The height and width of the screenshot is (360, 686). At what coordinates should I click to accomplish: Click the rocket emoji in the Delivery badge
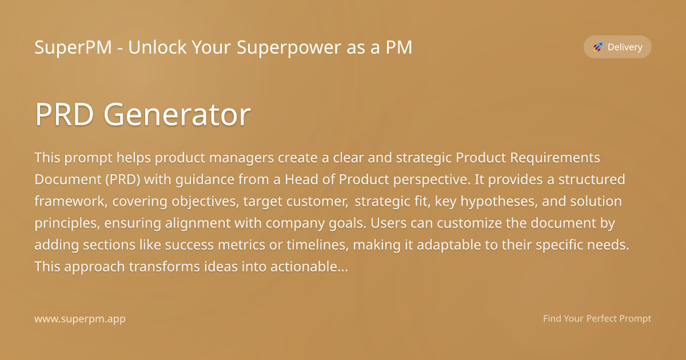[x=598, y=47]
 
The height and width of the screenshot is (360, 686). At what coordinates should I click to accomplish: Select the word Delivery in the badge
[x=625, y=47]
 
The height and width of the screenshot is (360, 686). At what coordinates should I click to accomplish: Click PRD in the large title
[x=65, y=115]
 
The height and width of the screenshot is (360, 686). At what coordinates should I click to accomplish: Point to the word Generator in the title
[x=177, y=115]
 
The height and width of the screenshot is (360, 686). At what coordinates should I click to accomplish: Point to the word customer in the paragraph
[x=320, y=201]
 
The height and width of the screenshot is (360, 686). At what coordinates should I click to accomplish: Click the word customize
[x=436, y=223]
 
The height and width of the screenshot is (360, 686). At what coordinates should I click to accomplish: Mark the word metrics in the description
[x=248, y=245]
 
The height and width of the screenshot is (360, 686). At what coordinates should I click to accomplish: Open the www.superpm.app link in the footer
[x=80, y=319]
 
